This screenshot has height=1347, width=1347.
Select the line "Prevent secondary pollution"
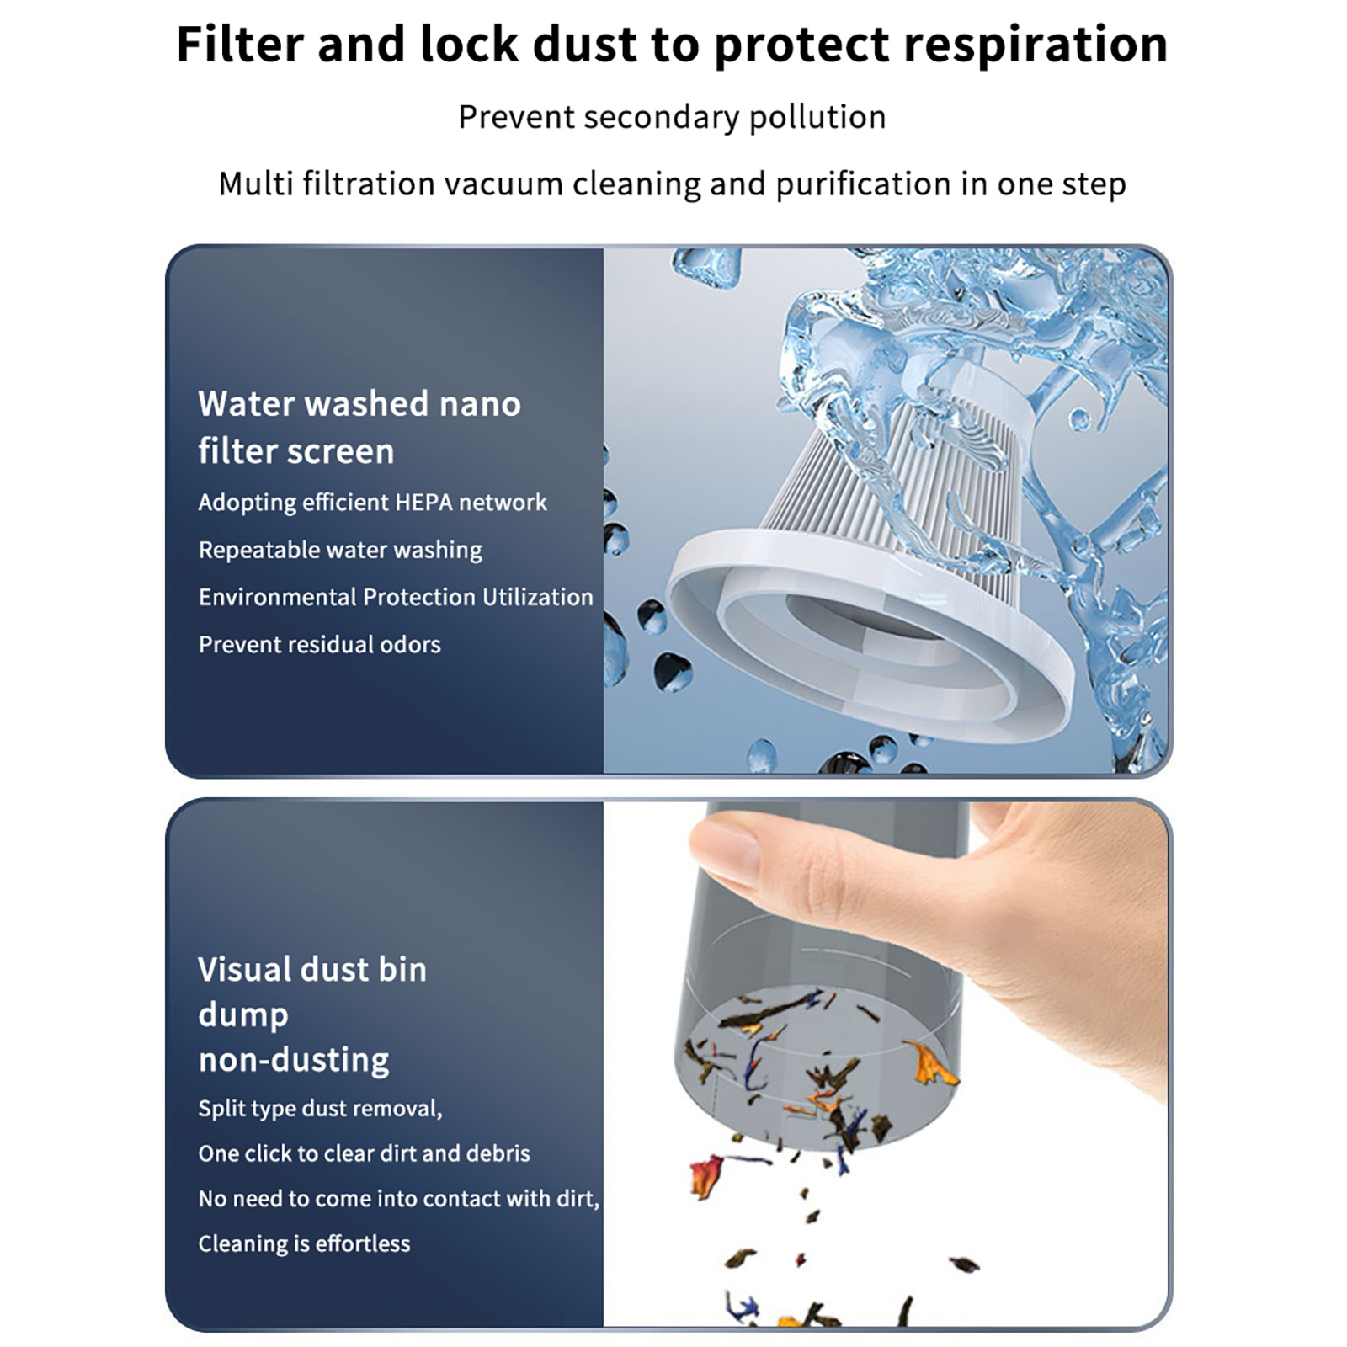672,117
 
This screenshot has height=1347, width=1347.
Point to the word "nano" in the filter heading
480,405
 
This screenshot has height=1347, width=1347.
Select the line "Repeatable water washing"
340,551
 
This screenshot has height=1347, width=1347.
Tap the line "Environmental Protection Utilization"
396,598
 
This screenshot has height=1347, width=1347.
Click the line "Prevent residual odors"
320,645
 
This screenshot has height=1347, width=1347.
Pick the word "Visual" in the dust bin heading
245,970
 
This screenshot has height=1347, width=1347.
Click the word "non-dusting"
294,1060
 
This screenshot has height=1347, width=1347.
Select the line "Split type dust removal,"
320,1109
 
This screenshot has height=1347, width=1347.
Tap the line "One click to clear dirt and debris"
365,1153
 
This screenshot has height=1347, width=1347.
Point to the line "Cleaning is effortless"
304,1244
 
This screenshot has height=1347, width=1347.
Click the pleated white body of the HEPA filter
892,488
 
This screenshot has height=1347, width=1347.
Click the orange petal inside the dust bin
930,1062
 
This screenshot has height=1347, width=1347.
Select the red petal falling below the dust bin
705,1175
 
